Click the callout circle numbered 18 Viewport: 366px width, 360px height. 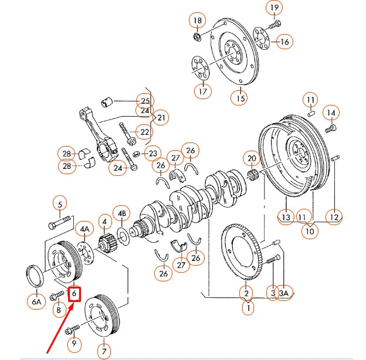[x=198, y=21]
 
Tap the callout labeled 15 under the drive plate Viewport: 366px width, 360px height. [x=240, y=98]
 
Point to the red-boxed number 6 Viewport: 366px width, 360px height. [x=74, y=293]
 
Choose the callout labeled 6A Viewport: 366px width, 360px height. [x=36, y=302]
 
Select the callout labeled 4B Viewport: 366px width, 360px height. [x=122, y=213]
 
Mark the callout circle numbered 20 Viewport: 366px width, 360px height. [x=252, y=158]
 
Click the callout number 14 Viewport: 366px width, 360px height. [x=331, y=113]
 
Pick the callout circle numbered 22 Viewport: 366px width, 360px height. [x=144, y=131]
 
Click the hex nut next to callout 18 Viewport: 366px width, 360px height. [x=198, y=38]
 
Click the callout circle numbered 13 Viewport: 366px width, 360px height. [x=286, y=218]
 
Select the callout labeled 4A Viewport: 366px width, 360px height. [x=85, y=229]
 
